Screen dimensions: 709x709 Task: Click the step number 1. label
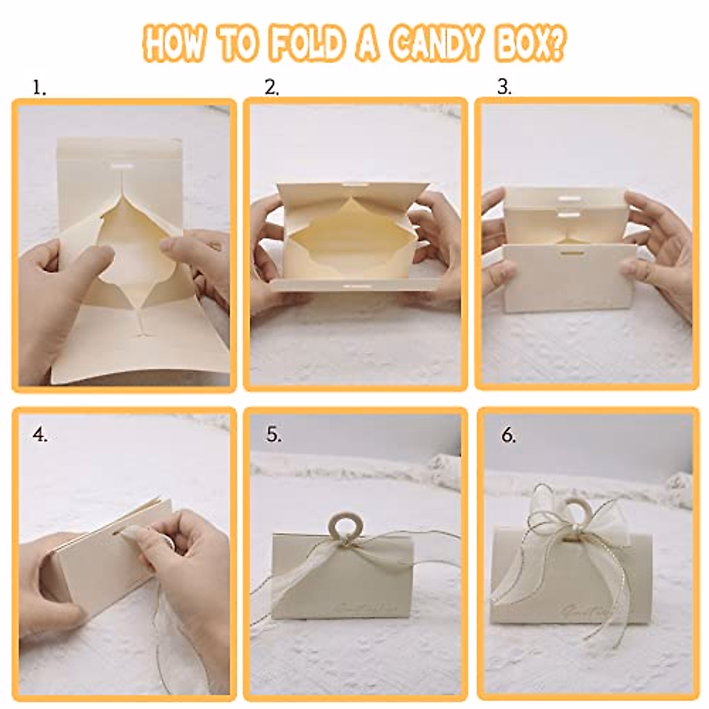pyautogui.click(x=40, y=89)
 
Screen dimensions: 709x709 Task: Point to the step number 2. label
pyautogui.click(x=272, y=88)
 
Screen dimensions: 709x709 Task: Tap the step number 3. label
pyautogui.click(x=504, y=87)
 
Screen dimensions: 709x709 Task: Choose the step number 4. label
pyautogui.click(x=40, y=435)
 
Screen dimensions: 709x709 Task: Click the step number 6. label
pyautogui.click(x=509, y=436)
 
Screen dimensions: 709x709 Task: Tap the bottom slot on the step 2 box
pyautogui.click(x=353, y=285)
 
